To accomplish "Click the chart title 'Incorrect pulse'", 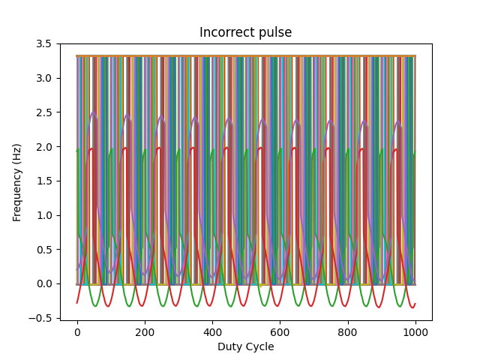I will tap(245, 33).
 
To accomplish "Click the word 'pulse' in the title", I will tap(276, 33).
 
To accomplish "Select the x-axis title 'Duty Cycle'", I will tap(245, 347).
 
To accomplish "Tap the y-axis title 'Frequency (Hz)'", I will tap(16, 182).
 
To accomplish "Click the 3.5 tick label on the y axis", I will tap(44, 43).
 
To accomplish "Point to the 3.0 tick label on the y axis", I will tap(44, 78).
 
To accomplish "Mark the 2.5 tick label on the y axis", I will tap(44, 112).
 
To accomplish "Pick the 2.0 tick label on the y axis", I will tap(44, 147).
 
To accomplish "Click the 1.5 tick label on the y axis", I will tap(44, 181).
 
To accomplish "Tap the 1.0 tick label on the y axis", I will tap(44, 215).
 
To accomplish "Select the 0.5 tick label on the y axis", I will tap(44, 250).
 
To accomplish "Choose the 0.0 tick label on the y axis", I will tap(44, 283).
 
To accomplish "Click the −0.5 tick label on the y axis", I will tap(41, 318).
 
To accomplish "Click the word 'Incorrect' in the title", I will tap(228, 33).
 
